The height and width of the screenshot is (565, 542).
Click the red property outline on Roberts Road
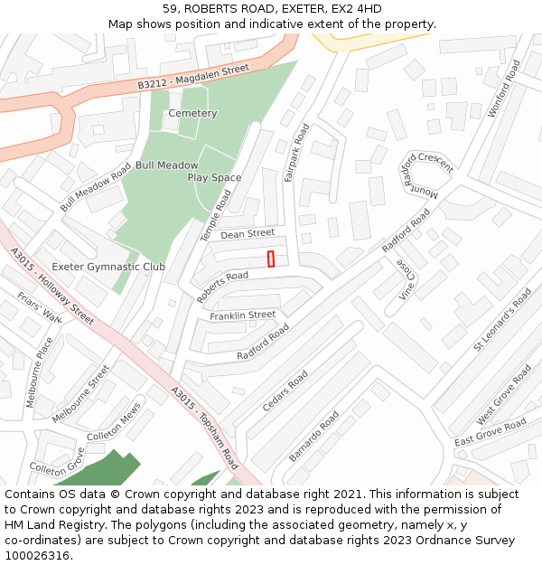271,259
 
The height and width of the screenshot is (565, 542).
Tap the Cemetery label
192,114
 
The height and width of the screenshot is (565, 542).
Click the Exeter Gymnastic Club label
108,267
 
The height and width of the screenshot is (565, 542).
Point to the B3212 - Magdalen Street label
193,77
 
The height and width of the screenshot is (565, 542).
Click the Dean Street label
248,234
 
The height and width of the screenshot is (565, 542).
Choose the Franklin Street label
242,315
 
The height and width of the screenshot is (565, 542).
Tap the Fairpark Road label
296,153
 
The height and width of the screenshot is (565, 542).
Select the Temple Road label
215,214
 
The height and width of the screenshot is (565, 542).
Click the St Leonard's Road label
503,321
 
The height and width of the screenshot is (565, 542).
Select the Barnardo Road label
314,438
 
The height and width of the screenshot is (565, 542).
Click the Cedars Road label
285,391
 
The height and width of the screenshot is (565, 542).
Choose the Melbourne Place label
40,372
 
